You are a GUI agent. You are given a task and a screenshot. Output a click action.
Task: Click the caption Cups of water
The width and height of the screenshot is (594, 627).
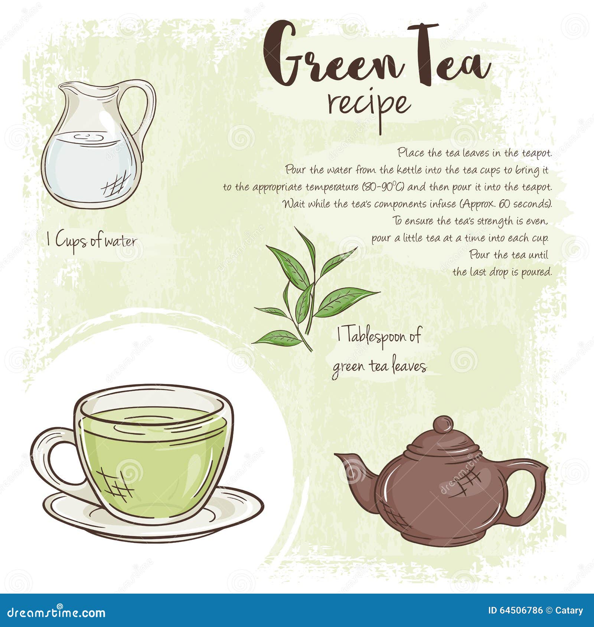[x=96, y=242]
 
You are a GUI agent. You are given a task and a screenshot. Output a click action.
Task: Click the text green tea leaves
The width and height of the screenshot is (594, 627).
[x=379, y=366]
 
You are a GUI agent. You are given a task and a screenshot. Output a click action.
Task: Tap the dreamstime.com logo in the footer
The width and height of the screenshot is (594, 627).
[x=56, y=613]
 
